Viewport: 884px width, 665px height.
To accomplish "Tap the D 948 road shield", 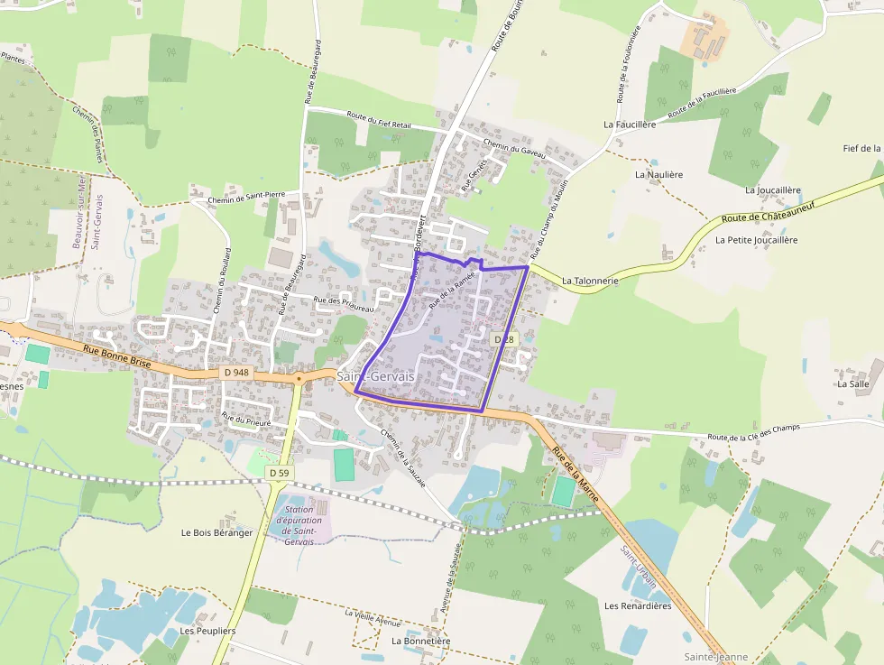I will tap(235, 373).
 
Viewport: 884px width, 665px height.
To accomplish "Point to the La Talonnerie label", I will tap(590, 281).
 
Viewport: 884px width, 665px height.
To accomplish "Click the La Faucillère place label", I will tap(630, 124).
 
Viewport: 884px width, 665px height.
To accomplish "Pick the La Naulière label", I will tap(658, 174).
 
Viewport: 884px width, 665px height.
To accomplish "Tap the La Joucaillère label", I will tap(773, 190).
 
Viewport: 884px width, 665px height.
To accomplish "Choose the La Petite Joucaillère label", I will tap(756, 240).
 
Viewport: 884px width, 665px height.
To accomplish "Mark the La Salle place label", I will tap(852, 383).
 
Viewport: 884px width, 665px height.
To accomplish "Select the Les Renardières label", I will tap(638, 605).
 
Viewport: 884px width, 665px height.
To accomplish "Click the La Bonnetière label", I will tap(420, 641).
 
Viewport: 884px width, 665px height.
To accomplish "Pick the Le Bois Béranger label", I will tap(217, 532).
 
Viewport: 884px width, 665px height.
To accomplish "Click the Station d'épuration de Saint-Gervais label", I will tap(298, 525).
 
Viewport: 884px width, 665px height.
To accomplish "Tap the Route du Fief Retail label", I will tap(379, 121).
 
